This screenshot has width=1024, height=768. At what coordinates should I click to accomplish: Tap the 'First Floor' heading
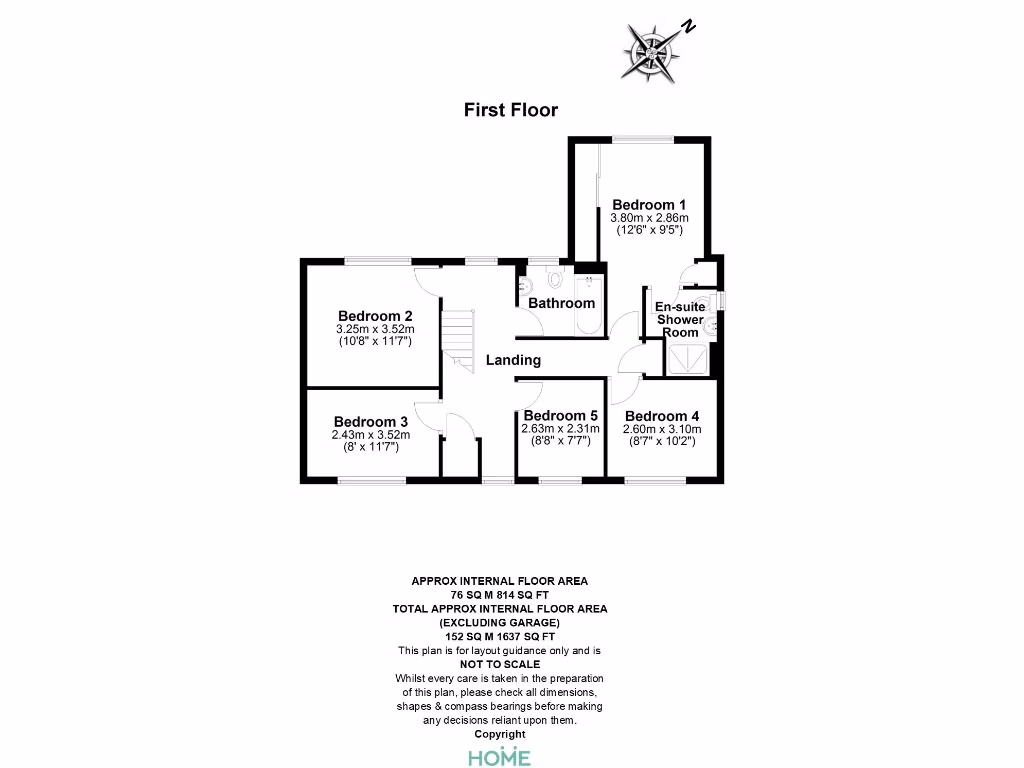[x=511, y=110]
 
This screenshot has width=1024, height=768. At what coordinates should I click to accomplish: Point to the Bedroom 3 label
[x=371, y=421]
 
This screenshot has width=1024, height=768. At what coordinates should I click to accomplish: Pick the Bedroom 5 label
[x=560, y=415]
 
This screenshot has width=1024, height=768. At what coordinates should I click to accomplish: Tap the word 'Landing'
[x=513, y=360]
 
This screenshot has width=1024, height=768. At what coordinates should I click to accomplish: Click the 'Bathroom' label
[x=561, y=303]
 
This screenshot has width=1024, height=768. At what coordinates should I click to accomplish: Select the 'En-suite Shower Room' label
[x=679, y=319]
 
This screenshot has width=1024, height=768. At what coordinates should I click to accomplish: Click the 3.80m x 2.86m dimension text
[x=650, y=218]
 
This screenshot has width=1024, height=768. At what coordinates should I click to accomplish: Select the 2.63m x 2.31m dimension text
[x=560, y=428]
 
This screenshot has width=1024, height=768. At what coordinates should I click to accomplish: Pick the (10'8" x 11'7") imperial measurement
[x=375, y=341]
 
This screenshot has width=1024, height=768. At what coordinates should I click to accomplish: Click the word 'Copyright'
[x=499, y=734]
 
